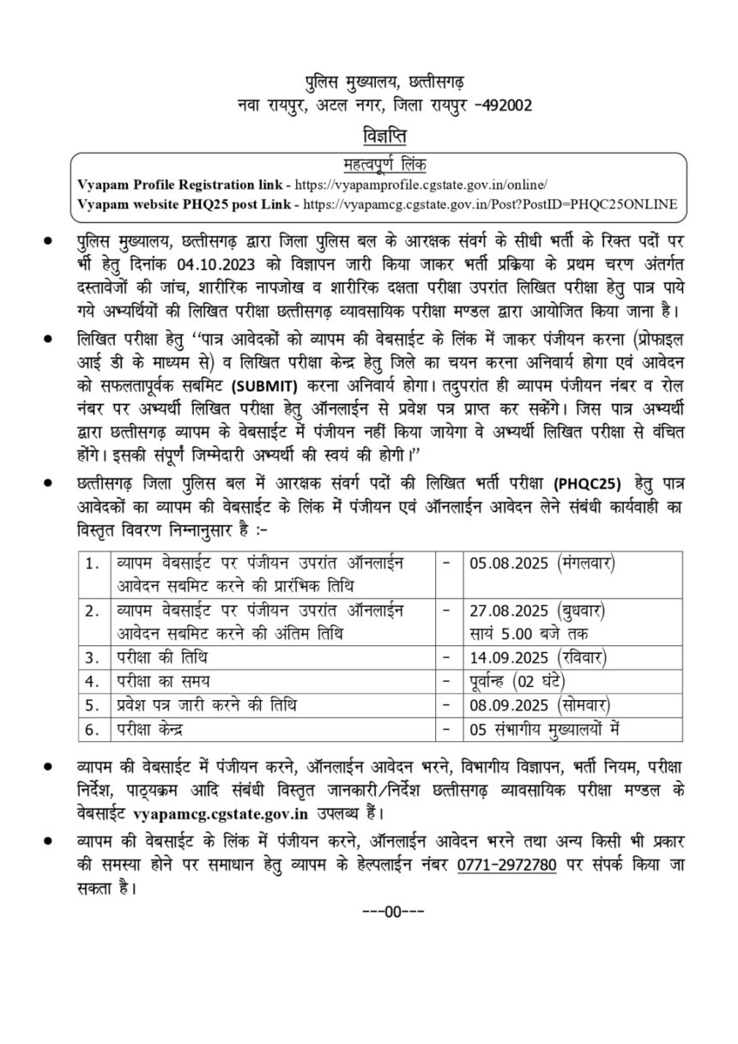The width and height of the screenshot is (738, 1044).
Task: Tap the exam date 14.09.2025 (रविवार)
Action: coord(541,659)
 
